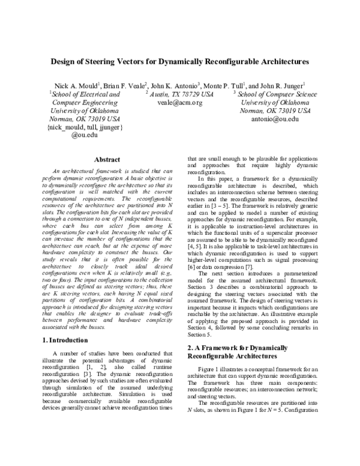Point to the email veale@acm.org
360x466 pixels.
coord(180,103)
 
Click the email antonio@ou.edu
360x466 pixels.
coord(275,120)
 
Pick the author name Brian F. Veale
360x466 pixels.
coord(128,86)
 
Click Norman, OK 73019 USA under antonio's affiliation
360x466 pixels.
coord(275,111)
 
